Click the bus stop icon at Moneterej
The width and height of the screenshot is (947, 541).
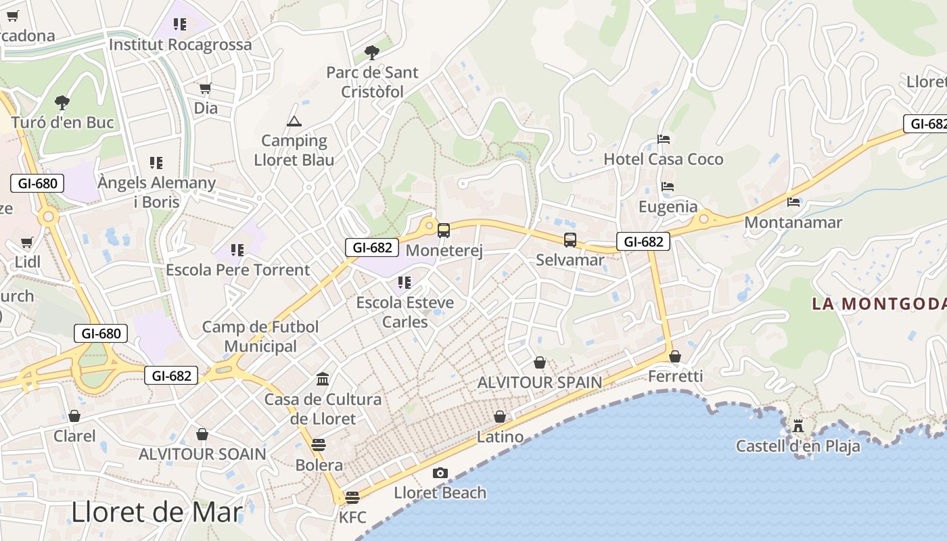pos(444,231)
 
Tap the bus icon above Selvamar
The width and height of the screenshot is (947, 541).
pos(570,240)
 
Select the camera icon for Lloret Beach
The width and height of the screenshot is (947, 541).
pos(440,473)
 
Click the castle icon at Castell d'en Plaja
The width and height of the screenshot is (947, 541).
pos(798,426)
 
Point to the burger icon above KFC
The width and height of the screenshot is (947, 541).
pos(352,498)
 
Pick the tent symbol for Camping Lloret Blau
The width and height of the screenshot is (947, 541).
pos(294,122)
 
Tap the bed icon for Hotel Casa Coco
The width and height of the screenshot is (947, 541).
pos(664,139)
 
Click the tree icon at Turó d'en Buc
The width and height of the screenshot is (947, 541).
pos(62,103)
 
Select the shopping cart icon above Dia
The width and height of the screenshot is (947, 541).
pos(206,88)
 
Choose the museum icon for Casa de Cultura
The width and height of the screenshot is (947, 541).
pos(323,379)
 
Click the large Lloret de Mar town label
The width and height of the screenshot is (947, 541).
pos(157,512)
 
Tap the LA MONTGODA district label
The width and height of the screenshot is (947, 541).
pos(879,303)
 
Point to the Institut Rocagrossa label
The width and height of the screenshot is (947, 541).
pos(180,45)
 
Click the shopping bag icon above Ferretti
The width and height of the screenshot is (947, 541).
pos(675,356)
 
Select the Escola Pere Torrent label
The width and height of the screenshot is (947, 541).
pos(238,270)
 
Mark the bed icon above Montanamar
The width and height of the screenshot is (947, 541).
pos(793,202)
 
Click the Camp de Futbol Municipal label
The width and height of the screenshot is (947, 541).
pos(260,336)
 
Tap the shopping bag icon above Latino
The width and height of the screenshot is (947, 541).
pos(500,417)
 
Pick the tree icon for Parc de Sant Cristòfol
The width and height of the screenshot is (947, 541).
pos(371,52)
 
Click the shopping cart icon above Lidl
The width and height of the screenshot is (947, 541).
pos(27,242)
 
